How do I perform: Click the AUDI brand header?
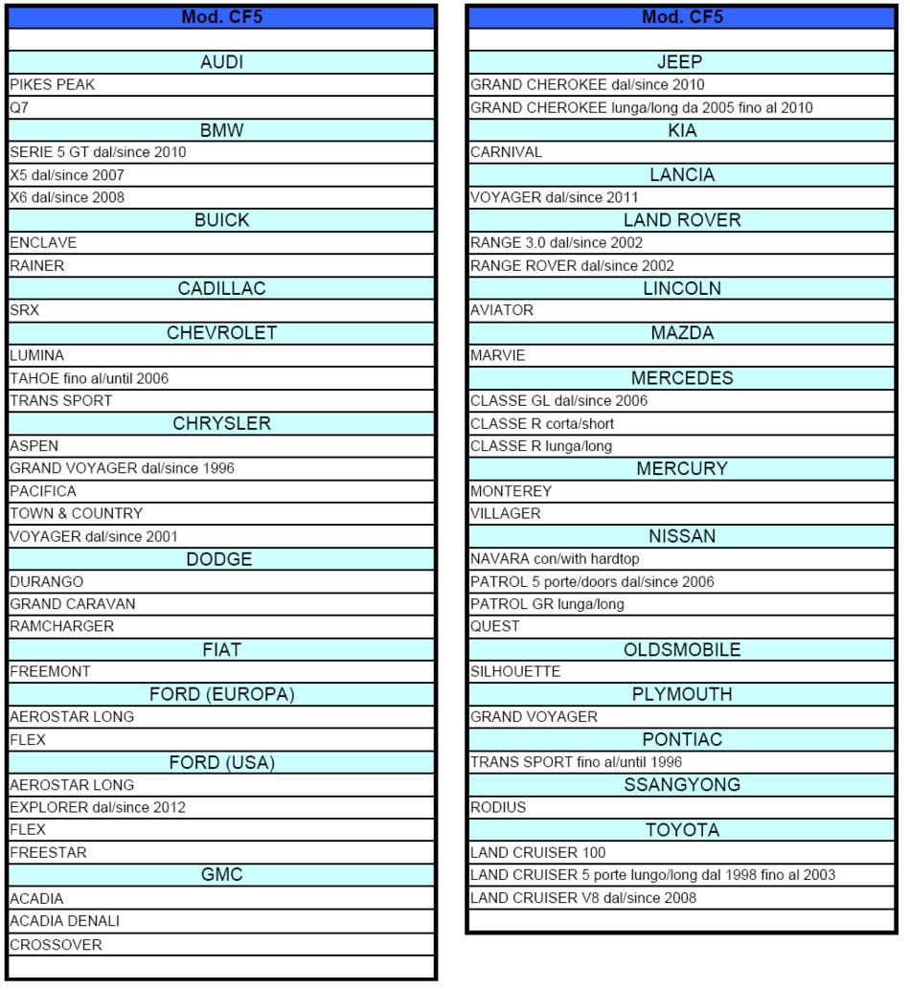click(221, 62)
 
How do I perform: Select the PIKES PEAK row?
click(53, 85)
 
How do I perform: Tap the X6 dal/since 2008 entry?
click(67, 197)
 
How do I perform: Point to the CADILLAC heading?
click(221, 288)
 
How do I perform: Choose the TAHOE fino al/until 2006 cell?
click(89, 378)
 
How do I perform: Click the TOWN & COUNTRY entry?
click(76, 513)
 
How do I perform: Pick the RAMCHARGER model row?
click(61, 626)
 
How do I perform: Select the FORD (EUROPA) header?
click(221, 694)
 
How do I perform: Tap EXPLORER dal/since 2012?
click(98, 807)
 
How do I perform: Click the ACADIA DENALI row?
click(64, 921)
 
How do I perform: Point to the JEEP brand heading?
click(682, 62)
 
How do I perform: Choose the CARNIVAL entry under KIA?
click(506, 152)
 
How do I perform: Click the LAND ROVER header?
click(682, 220)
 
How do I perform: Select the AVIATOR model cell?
click(502, 310)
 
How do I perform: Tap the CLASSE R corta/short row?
click(542, 423)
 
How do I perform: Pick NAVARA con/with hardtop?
click(555, 559)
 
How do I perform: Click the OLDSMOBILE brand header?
click(682, 650)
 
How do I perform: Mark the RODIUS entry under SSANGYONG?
click(498, 807)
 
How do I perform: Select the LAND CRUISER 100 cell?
click(537, 852)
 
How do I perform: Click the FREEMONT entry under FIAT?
click(50, 671)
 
